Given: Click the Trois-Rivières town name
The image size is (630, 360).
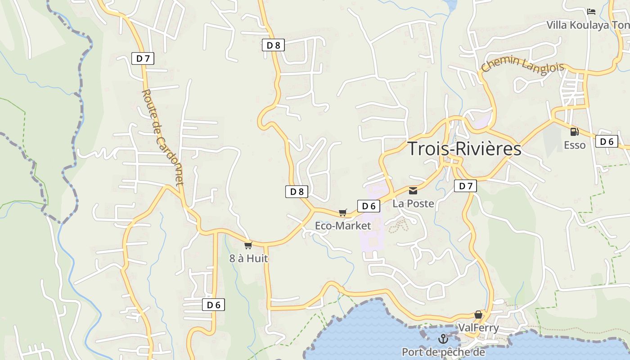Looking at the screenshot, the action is (x=464, y=148).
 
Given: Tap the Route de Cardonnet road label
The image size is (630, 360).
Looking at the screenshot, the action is (x=163, y=137).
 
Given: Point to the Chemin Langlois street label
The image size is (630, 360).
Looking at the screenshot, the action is (x=522, y=64).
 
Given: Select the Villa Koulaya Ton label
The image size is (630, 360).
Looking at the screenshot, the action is (x=588, y=25).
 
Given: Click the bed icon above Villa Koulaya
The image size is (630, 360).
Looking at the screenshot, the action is (x=591, y=11).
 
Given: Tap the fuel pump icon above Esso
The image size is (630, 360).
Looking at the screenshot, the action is (x=574, y=131).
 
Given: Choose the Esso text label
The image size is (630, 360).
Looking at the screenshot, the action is (x=575, y=145).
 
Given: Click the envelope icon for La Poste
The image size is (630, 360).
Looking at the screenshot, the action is (x=413, y=190).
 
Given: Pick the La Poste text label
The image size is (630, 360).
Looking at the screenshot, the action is (x=413, y=203).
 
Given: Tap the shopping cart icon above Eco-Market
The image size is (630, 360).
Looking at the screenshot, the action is (x=343, y=212).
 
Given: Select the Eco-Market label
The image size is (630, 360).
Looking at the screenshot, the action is (x=343, y=225).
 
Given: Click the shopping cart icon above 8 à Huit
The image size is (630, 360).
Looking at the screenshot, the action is (x=248, y=245).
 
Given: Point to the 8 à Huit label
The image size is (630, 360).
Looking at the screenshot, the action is (x=248, y=258).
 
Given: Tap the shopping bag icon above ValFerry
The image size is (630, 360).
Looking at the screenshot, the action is (x=478, y=314).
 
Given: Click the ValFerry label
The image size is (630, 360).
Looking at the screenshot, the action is (x=478, y=327).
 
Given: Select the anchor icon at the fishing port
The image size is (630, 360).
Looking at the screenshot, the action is (x=443, y=338).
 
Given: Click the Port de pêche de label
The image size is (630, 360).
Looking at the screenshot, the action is (x=443, y=352).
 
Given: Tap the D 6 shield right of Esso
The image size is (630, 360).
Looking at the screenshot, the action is (x=606, y=141).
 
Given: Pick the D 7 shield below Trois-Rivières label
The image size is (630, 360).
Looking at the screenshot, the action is (x=465, y=186).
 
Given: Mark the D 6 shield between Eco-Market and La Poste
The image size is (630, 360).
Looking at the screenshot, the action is (x=369, y=206).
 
